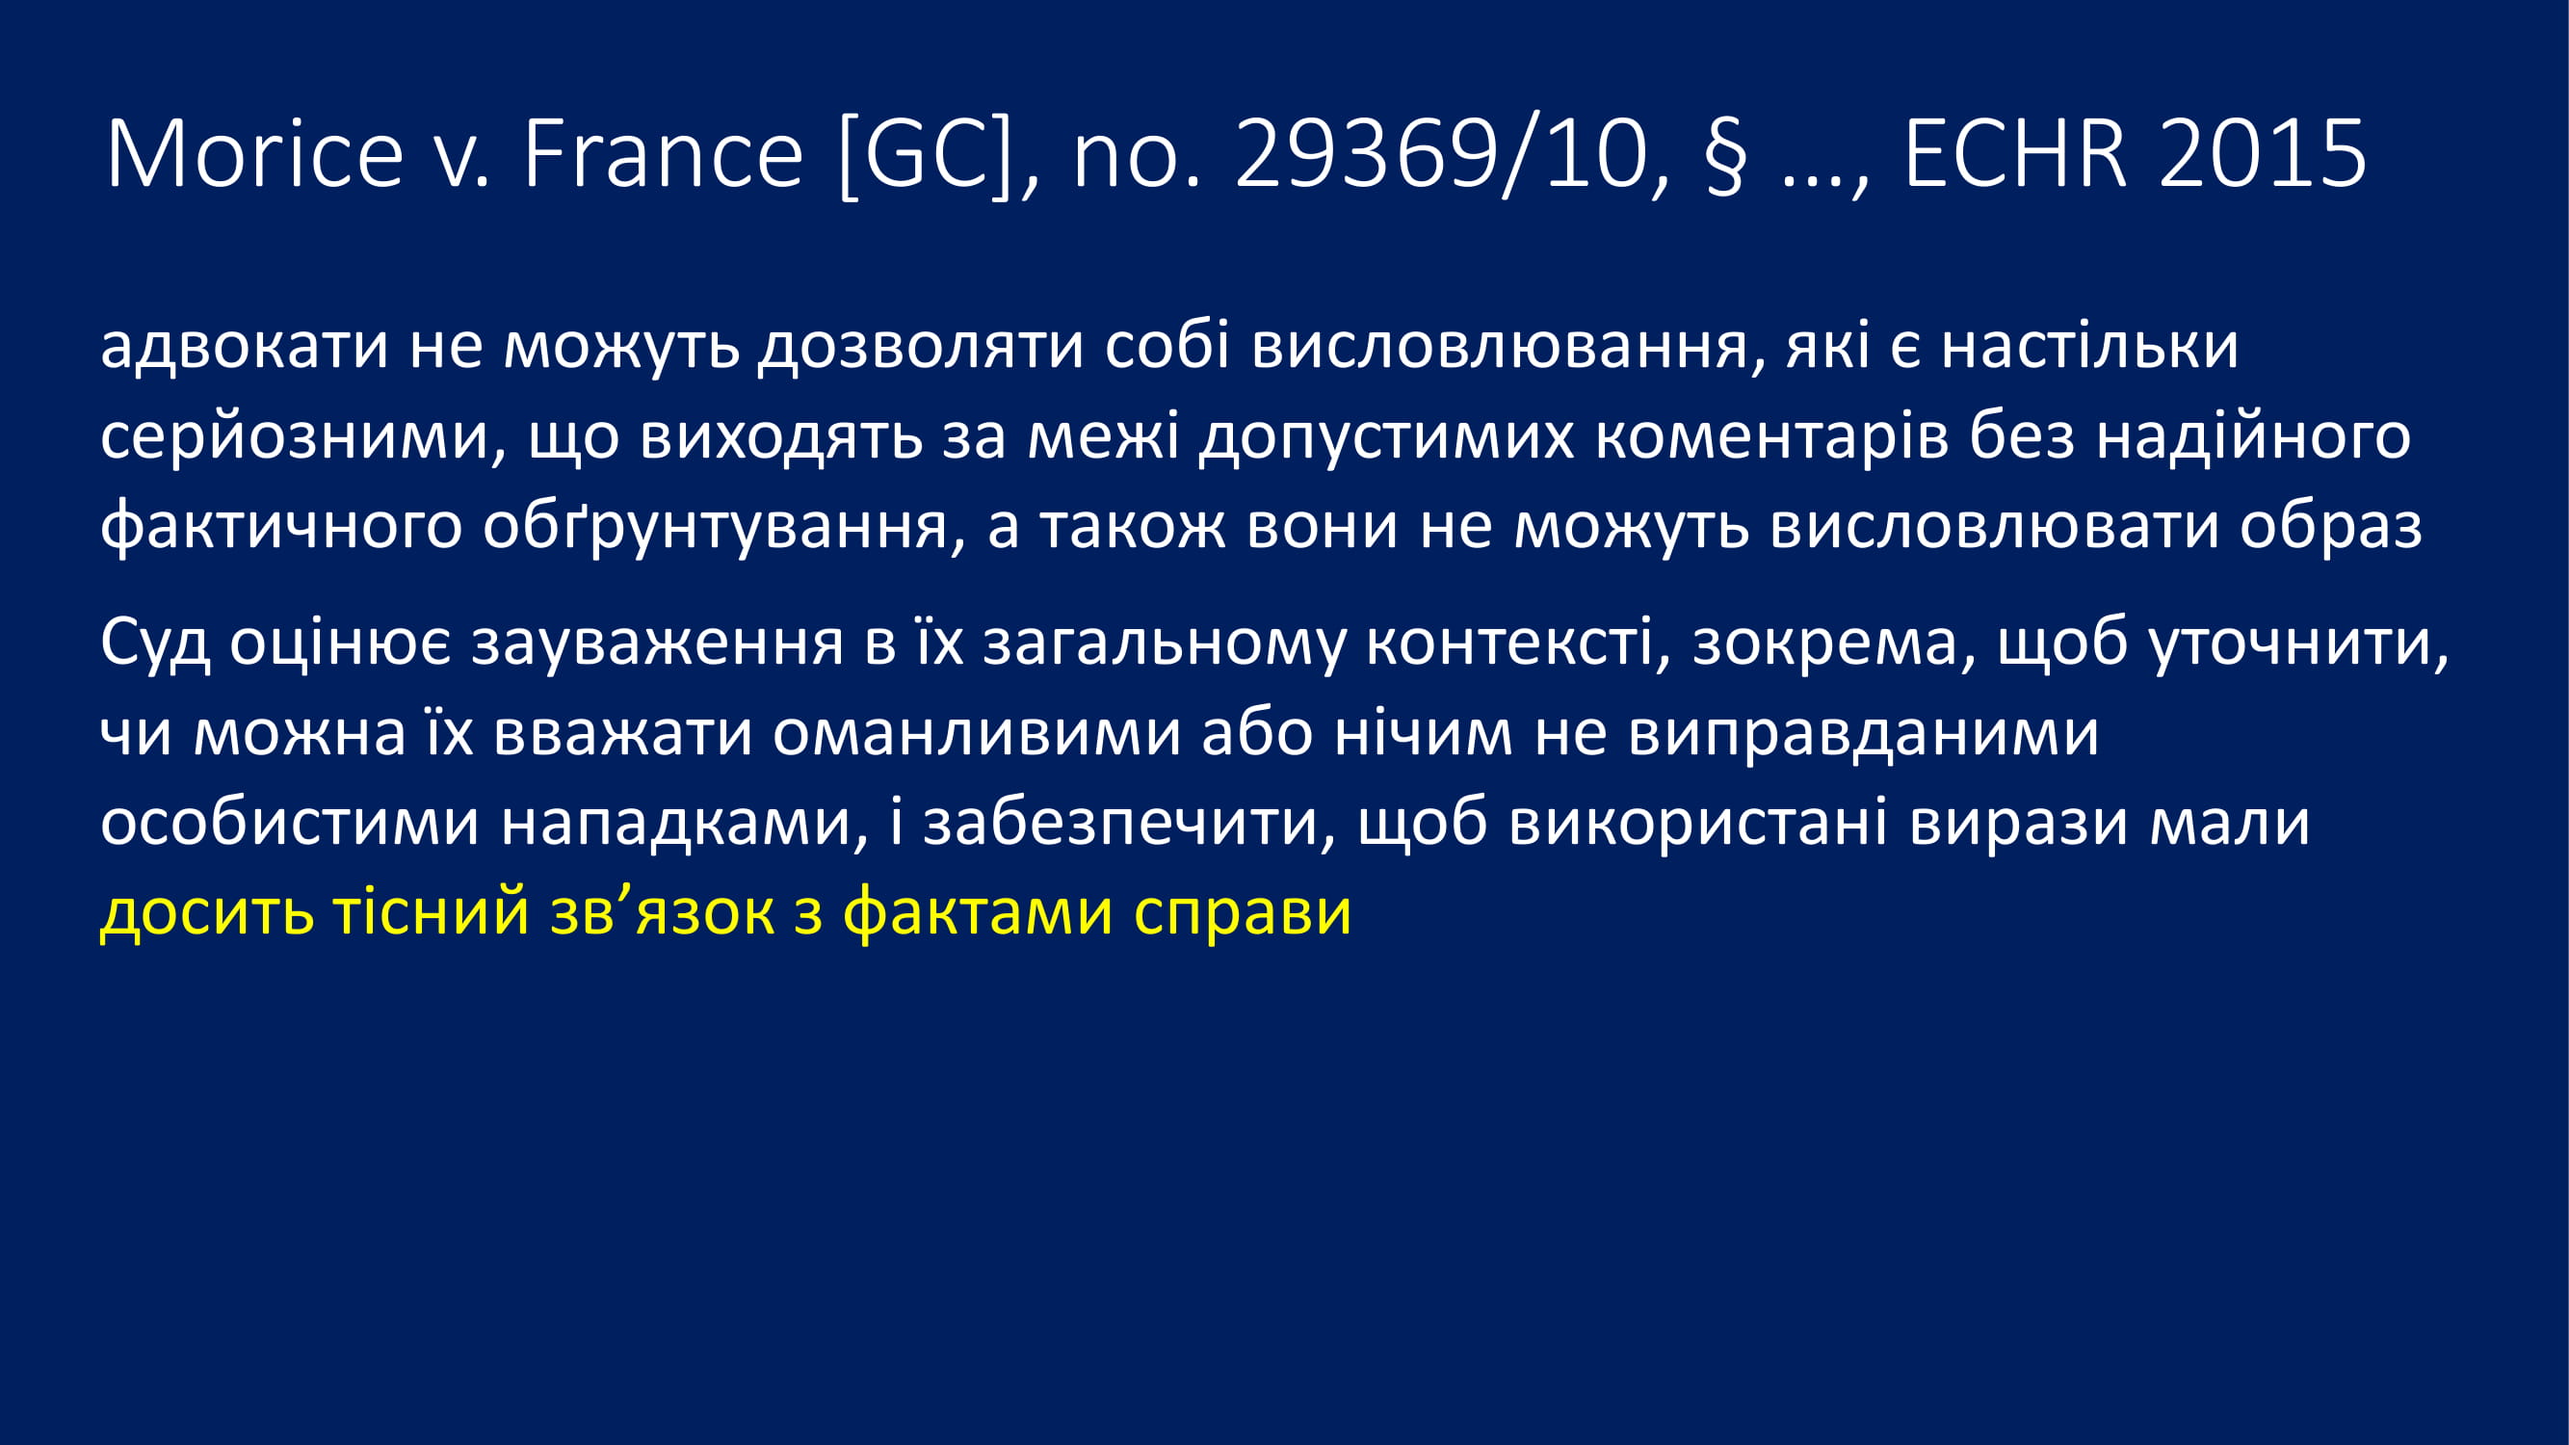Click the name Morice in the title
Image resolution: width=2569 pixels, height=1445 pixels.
click(254, 153)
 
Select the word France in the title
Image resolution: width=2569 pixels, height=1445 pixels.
click(663, 153)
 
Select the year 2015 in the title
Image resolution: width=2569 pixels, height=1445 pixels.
click(2263, 153)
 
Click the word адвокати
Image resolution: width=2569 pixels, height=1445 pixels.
click(245, 348)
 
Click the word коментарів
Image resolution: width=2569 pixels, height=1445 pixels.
click(1771, 438)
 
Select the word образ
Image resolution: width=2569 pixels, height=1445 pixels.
click(2331, 527)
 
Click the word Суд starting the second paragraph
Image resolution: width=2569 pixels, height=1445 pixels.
click(154, 644)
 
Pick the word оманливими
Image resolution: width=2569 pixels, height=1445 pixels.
click(977, 734)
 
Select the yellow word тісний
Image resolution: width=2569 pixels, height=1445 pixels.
click(430, 912)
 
